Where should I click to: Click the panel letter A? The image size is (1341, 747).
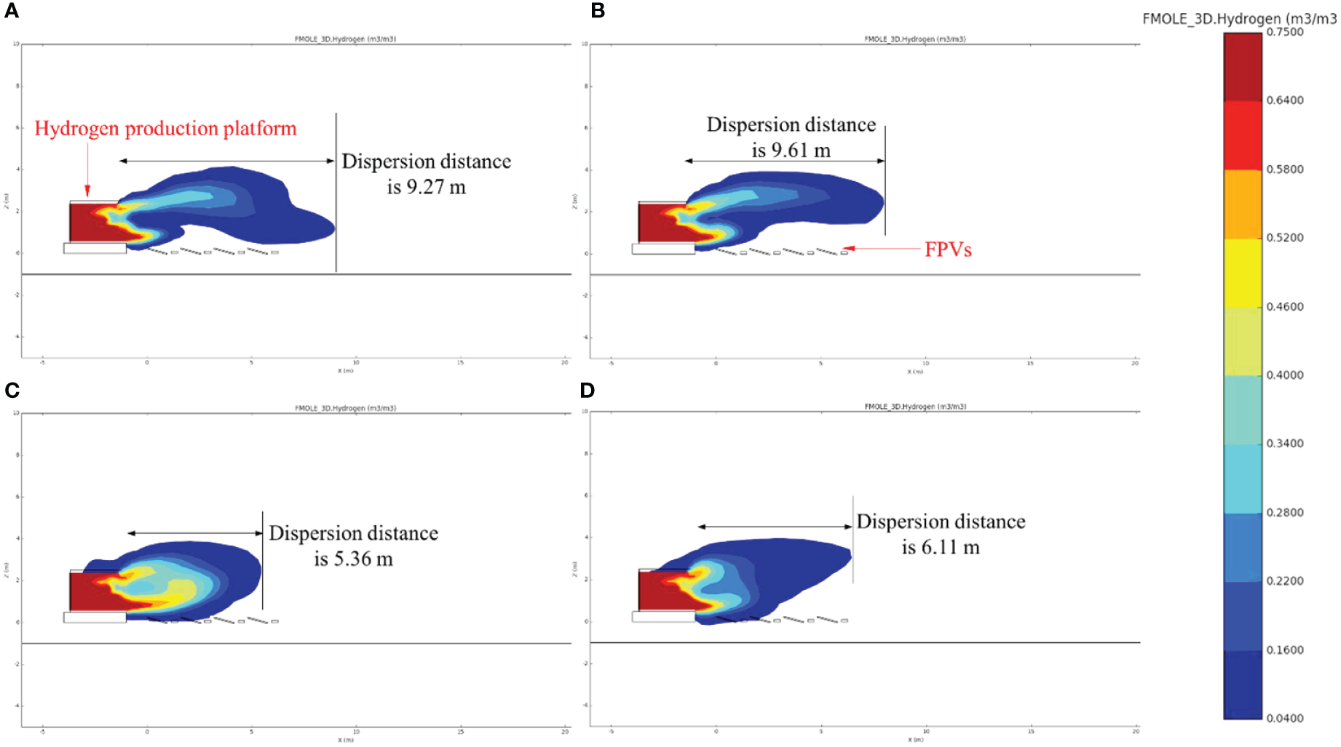(11, 11)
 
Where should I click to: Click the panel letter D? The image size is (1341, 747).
(587, 391)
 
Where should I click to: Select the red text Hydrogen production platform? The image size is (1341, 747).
(165, 129)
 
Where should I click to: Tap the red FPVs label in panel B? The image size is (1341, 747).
(948, 249)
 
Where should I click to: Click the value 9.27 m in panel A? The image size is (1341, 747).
(426, 188)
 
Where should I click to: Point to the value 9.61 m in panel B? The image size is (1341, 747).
(791, 151)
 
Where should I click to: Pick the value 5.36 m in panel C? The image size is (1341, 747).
(353, 559)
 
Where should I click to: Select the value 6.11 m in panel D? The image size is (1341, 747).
(941, 548)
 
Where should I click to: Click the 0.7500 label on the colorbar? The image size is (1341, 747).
(1285, 32)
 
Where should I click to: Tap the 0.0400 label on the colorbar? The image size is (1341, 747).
(1285, 719)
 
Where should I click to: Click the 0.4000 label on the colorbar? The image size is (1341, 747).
(1285, 375)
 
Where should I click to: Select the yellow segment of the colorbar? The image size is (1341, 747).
(1242, 273)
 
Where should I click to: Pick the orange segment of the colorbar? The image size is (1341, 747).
(1242, 204)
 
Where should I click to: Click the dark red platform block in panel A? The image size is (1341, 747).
(86, 223)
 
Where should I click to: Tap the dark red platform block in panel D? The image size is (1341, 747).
(655, 591)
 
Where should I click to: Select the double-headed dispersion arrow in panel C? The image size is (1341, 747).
(195, 533)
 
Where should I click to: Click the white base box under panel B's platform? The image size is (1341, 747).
(662, 249)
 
